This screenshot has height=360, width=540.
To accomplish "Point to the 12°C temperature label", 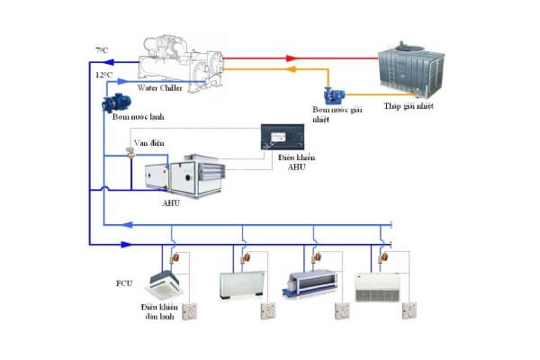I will [x=104, y=74].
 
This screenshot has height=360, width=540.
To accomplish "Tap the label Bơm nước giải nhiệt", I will [x=345, y=112].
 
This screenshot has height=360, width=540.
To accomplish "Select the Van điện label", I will [x=148, y=142].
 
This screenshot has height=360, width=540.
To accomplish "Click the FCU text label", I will [x=124, y=284].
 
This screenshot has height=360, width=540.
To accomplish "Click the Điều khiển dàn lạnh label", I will [x=158, y=312].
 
